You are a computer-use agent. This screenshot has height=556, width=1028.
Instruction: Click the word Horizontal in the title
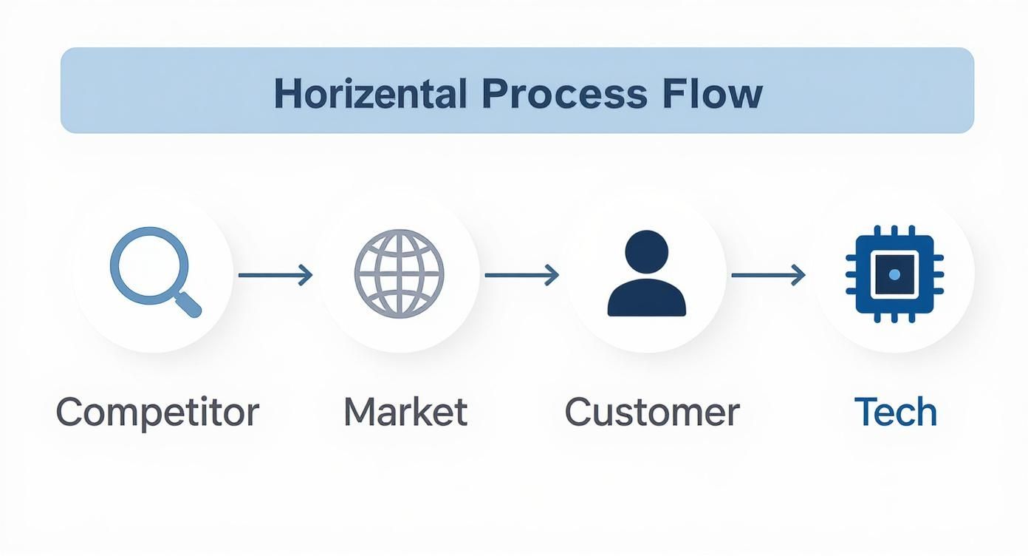coord(371,93)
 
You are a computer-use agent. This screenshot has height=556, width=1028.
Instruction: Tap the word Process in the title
coord(564,94)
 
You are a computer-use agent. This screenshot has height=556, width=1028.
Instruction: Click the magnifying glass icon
coord(156,272)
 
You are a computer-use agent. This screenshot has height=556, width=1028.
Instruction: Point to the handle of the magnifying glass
coord(188,303)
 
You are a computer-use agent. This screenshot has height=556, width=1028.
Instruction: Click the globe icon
coord(400,274)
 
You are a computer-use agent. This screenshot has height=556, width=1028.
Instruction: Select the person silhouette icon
coord(647,273)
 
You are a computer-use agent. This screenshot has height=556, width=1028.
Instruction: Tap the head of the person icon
coord(647,252)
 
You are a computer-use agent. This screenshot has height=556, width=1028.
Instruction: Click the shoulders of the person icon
coord(647,298)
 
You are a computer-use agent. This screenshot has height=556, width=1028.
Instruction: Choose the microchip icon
coord(894,274)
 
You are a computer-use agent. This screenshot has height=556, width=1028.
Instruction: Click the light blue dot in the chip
coord(894,274)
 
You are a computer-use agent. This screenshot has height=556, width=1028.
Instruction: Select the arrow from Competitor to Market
coord(275,275)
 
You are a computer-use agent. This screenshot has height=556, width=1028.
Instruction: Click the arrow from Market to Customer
coord(522,275)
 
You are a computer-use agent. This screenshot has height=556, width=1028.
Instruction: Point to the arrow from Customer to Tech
coord(769,275)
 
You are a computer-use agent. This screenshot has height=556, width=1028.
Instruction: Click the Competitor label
coord(158,413)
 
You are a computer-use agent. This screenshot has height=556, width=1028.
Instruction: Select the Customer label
coord(652,412)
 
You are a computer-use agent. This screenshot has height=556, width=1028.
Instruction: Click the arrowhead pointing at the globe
coord(306,275)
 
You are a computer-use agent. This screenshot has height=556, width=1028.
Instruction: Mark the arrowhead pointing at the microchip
coord(799,275)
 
